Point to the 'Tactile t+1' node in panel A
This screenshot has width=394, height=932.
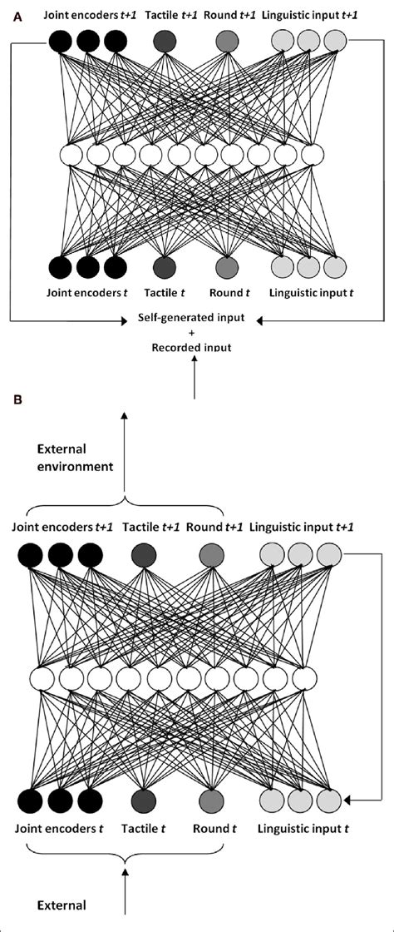[165, 41]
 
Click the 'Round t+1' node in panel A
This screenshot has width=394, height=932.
[227, 41]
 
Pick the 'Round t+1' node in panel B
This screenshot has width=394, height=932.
[211, 554]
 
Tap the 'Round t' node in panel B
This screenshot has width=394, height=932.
[211, 801]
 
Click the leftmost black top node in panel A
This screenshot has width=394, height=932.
[61, 41]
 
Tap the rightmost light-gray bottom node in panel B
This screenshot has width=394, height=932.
[329, 801]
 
